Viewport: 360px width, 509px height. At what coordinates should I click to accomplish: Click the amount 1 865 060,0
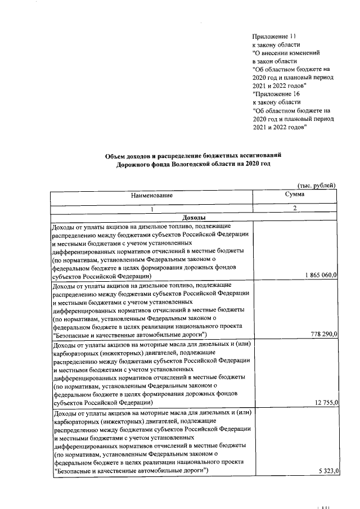point(317,275)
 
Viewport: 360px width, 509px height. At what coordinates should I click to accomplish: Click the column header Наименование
point(152,196)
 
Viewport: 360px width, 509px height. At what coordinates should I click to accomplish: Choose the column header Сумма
point(295,194)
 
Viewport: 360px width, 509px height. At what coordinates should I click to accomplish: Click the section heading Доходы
point(194,218)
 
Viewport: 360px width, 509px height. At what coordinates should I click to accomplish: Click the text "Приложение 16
point(277,94)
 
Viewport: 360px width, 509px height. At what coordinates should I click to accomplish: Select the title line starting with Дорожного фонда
point(194,164)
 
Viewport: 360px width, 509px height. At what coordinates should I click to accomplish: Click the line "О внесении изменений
point(286,52)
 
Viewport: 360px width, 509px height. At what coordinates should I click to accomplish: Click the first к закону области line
point(276,44)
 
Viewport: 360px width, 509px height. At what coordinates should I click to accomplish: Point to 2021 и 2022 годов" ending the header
point(280,127)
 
